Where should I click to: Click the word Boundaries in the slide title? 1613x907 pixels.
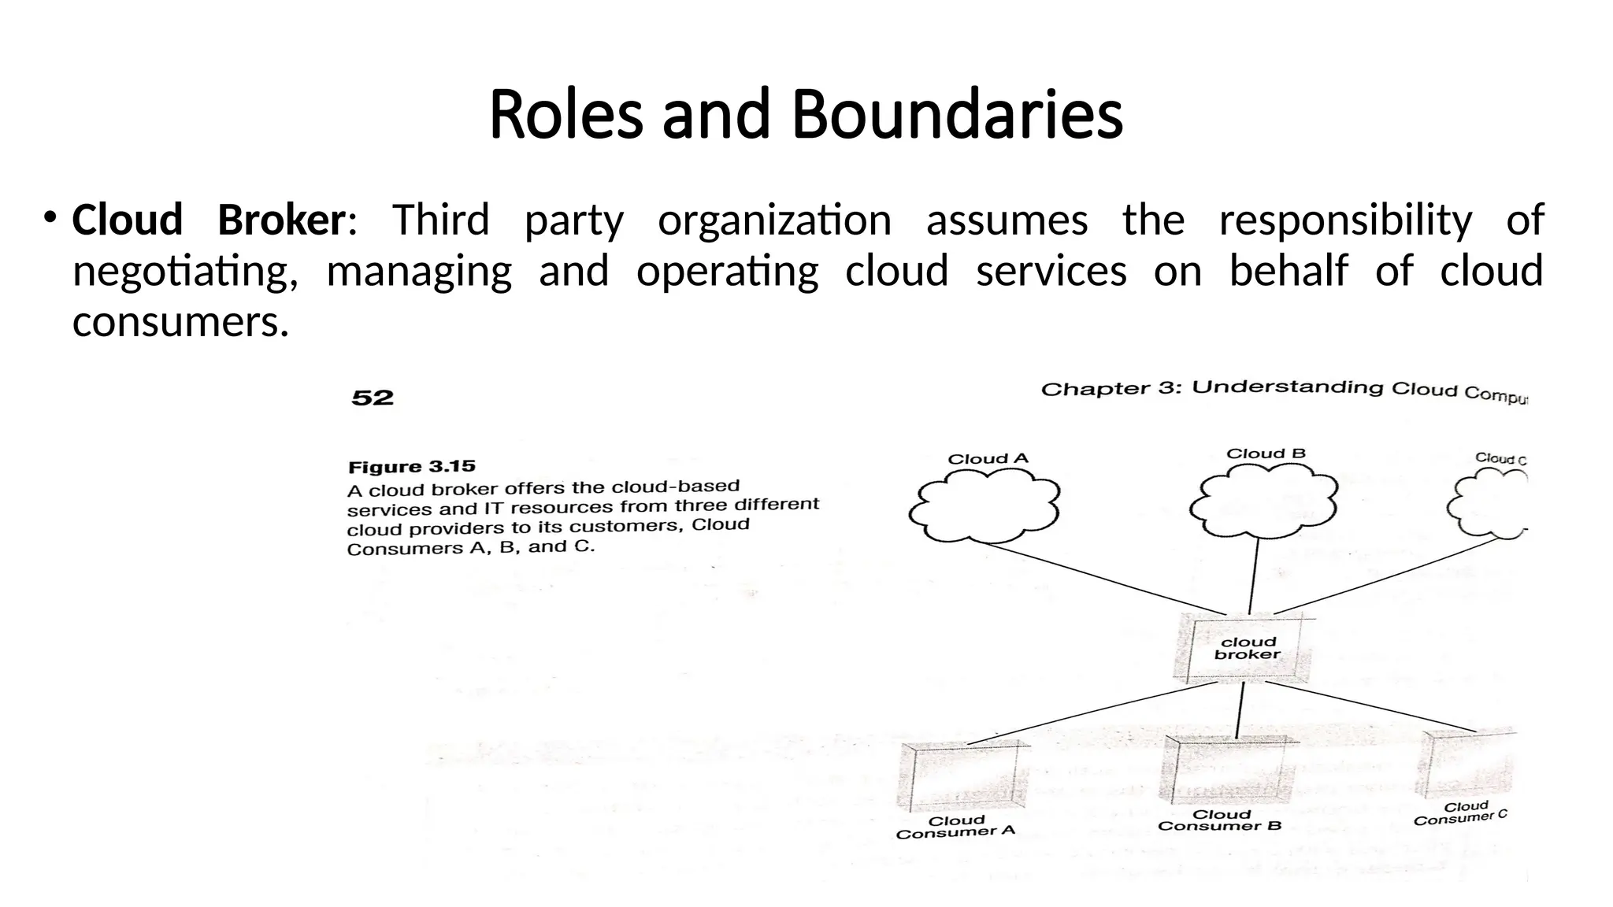point(956,115)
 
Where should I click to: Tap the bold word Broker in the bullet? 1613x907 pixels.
point(280,220)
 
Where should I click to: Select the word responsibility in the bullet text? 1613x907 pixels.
point(1345,220)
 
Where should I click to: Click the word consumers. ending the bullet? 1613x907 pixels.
point(180,323)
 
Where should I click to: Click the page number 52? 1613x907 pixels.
point(373,398)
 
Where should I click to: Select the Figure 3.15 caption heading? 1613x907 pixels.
point(412,467)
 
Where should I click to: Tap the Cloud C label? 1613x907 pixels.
point(1500,458)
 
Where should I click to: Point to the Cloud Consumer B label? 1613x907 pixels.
point(1220,820)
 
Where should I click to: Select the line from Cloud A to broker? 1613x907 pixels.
point(1103,579)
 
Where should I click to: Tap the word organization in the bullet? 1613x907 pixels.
point(775,220)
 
